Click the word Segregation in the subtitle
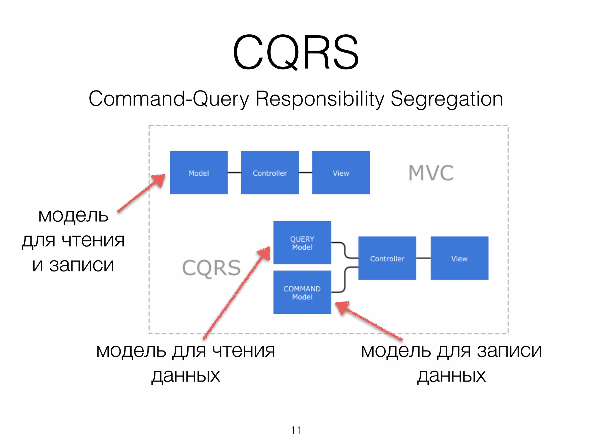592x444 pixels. tap(447, 99)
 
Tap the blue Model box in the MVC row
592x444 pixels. tap(199, 173)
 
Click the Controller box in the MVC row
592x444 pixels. tap(270, 173)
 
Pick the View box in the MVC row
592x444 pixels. tap(341, 173)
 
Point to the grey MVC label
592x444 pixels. tap(431, 173)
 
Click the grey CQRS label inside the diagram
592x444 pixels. tap(211, 268)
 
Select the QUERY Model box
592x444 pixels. tap(302, 243)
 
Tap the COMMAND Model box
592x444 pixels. tap(302, 292)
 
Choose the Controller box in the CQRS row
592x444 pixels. tap(387, 258)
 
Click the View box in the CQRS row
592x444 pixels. tap(459, 258)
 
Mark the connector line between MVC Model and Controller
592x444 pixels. tap(234, 173)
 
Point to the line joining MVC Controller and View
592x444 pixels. tap(305, 173)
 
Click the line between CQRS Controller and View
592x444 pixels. tap(423, 258)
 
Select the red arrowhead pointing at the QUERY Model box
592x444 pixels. tap(265, 253)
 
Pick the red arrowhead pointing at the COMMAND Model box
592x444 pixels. tap(343, 307)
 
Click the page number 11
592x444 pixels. tap(295, 430)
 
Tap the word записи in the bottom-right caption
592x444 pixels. tap(509, 351)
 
